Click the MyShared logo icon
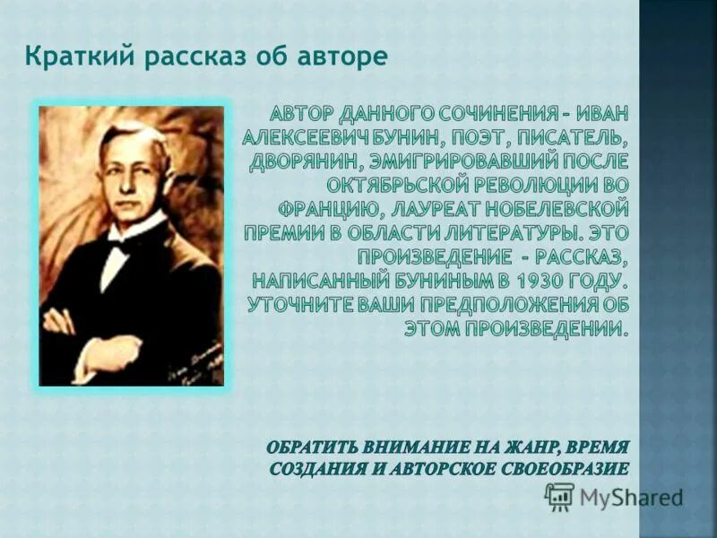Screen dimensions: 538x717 click(x=558, y=495)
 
